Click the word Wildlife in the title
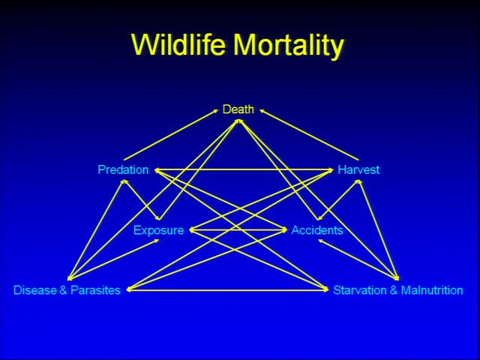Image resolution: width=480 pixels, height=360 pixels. tap(178, 45)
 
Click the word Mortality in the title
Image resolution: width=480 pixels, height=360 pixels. tap(289, 46)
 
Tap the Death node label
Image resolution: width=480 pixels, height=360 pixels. tap(238, 109)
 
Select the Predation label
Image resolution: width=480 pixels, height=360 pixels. tap(123, 169)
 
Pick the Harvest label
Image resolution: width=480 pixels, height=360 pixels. tap(358, 169)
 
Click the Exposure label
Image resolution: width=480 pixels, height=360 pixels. tap(158, 230)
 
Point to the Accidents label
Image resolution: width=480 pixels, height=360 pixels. tap(317, 230)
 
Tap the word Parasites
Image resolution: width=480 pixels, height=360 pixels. tap(95, 290)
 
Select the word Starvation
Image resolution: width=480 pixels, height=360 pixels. tap(360, 290)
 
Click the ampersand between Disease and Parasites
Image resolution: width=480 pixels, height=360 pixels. tap(63, 290)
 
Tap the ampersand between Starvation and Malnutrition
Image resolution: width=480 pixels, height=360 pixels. tap(394, 290)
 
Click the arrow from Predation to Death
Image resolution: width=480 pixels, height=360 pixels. tap(171, 135)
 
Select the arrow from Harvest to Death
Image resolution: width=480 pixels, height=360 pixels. tap(309, 135)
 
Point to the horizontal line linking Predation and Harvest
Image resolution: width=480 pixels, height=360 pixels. tap(244, 169)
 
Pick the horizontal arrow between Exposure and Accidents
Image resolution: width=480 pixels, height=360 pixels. tap(238, 230)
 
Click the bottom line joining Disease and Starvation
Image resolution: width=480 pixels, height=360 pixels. tap(227, 289)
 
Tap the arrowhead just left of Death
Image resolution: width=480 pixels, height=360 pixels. tap(215, 111)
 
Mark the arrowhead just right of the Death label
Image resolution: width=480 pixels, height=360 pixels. tap(262, 111)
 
